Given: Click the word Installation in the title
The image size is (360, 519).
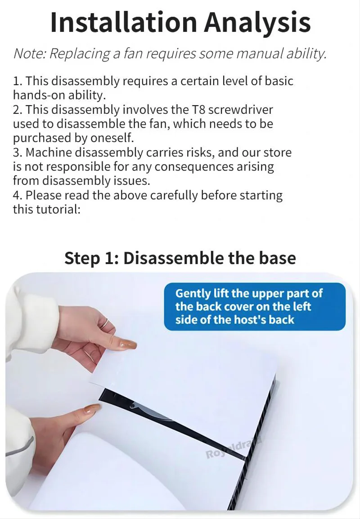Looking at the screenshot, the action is tap(124, 22).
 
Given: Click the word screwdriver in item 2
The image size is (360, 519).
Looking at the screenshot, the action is tap(241, 110).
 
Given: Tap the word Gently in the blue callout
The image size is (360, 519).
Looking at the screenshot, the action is tap(193, 294).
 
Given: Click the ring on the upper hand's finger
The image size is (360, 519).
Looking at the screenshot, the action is tap(105, 323).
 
